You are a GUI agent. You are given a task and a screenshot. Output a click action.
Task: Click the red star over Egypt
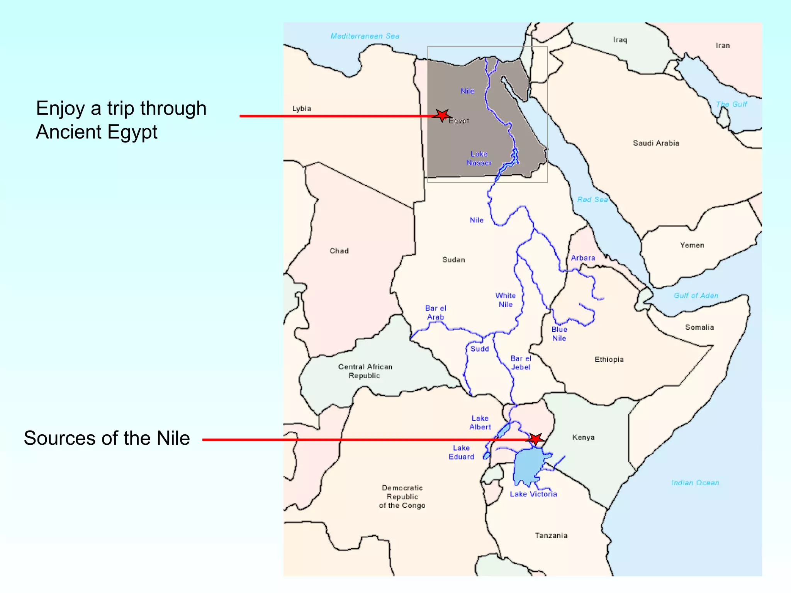click(x=442, y=115)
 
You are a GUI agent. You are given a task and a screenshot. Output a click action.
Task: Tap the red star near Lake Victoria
click(x=536, y=439)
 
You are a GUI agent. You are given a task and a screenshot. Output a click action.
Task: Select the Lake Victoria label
click(x=533, y=494)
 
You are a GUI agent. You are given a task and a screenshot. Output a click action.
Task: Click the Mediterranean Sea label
click(x=365, y=36)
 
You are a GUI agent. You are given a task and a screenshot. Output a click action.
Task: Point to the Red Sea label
click(x=592, y=200)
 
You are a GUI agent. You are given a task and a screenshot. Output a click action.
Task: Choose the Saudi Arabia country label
click(x=656, y=143)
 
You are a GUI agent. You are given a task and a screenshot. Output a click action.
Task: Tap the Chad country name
click(x=339, y=251)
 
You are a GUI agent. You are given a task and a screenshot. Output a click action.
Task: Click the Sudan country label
click(x=453, y=260)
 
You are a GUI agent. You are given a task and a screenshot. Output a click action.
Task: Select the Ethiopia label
click(x=609, y=359)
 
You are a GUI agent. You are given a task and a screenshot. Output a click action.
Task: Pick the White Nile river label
click(x=506, y=300)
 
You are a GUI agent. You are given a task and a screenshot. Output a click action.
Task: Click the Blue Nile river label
click(x=559, y=334)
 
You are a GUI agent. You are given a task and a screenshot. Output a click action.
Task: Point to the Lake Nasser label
click(x=479, y=158)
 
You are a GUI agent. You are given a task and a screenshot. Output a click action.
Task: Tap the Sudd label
click(x=480, y=349)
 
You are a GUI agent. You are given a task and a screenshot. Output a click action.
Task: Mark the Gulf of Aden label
click(x=696, y=296)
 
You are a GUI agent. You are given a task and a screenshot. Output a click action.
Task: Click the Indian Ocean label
click(x=695, y=483)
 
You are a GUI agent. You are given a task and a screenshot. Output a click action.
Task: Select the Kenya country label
click(x=583, y=437)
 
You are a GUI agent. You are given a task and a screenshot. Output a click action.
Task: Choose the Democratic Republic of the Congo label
click(x=402, y=497)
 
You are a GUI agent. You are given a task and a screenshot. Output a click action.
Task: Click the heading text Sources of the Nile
click(x=107, y=438)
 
